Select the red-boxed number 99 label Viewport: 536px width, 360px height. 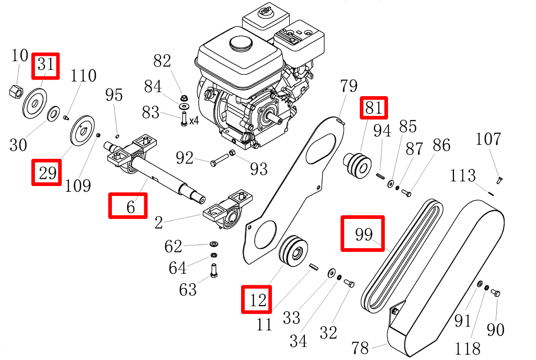tap(363, 234)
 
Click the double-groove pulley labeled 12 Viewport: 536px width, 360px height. tap(292, 252)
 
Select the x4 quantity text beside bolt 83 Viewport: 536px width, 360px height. tap(193, 121)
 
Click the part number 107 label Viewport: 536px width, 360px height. tap(488, 140)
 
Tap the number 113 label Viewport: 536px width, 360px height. tap(462, 176)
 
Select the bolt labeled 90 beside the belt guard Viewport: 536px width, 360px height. tap(497, 293)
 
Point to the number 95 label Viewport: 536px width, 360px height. tap(114, 95)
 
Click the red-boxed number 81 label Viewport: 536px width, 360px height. tap(373, 108)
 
